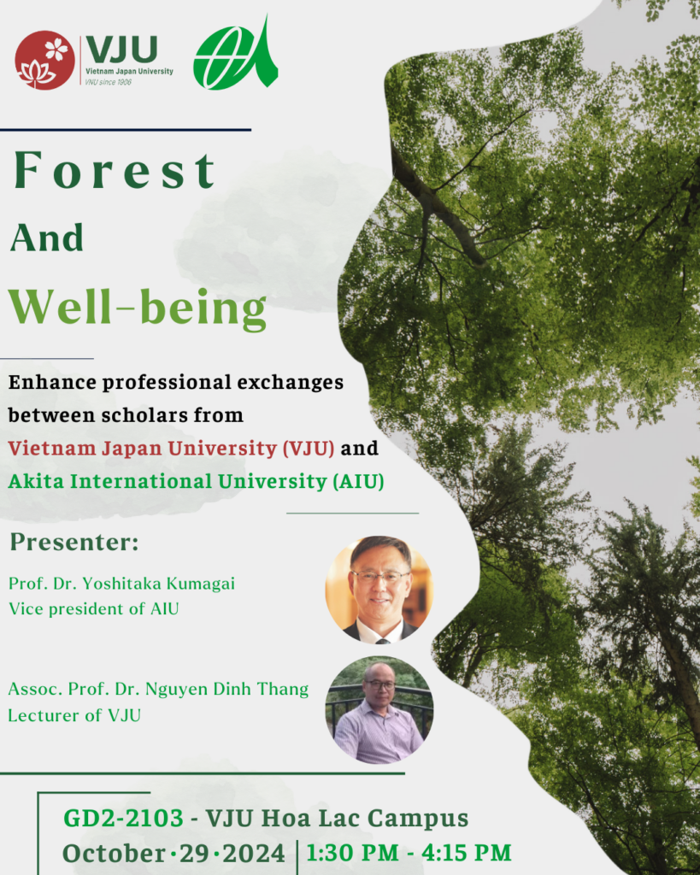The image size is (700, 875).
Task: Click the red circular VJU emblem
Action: (x=44, y=61)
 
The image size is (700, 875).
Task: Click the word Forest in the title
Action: (x=115, y=170)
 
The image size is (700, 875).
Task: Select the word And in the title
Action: (x=47, y=238)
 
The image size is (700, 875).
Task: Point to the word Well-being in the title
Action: (x=138, y=308)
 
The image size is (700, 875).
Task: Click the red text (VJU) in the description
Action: (x=309, y=448)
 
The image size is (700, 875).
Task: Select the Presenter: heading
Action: (x=74, y=542)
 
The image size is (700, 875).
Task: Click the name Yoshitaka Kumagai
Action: (x=159, y=583)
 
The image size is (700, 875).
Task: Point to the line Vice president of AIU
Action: (x=94, y=608)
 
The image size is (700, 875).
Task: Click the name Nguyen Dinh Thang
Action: (x=226, y=690)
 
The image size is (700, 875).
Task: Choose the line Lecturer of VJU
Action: (x=74, y=715)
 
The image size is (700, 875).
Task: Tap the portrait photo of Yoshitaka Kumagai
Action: (x=379, y=590)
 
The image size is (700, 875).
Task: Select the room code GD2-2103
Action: (x=123, y=819)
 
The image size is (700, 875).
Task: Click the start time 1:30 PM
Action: (x=353, y=853)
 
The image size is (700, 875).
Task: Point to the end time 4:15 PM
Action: (x=466, y=853)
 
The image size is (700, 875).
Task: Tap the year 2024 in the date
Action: (x=254, y=854)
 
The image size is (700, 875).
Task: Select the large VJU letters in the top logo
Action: (x=121, y=50)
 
